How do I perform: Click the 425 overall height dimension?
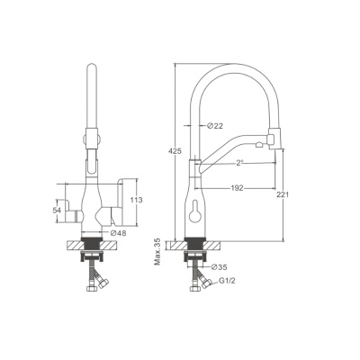(x=175, y=151)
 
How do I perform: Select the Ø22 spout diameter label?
(x=215, y=126)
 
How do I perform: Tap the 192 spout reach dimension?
(x=237, y=188)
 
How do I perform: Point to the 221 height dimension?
(x=283, y=194)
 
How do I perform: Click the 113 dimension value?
(x=137, y=200)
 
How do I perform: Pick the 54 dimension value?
(x=57, y=211)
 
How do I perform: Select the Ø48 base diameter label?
(x=118, y=233)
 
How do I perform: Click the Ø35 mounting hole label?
(x=219, y=266)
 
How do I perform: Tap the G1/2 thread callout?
(x=228, y=282)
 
